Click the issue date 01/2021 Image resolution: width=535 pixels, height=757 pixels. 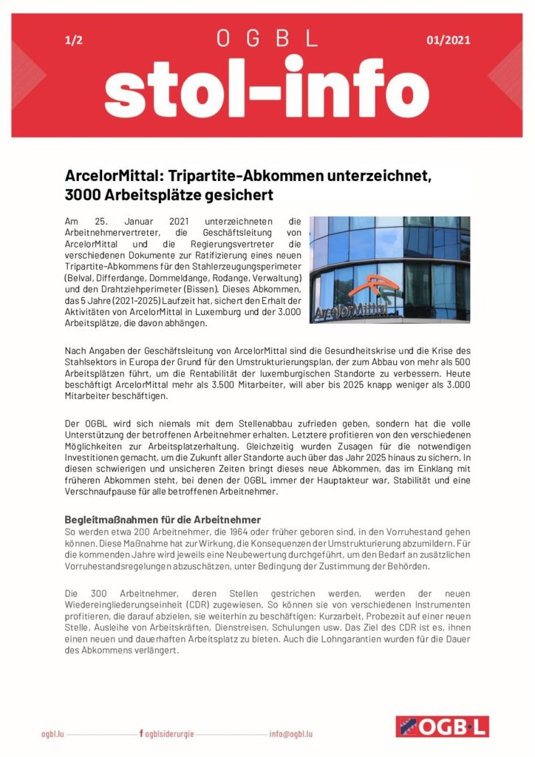(x=448, y=40)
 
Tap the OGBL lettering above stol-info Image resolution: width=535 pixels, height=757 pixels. (x=267, y=38)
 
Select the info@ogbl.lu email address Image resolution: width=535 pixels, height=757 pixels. (x=290, y=733)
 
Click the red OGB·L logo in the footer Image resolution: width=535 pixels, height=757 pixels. (x=442, y=727)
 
